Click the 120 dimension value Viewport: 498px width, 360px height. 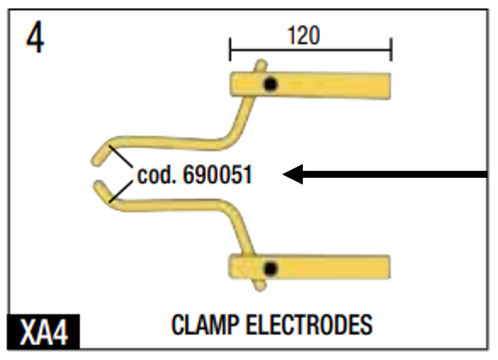click(x=303, y=36)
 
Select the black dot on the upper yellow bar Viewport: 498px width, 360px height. click(x=270, y=84)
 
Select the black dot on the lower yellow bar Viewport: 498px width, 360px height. click(x=270, y=268)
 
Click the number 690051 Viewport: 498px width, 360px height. click(x=217, y=175)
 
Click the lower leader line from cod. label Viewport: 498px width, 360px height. click(x=121, y=192)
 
